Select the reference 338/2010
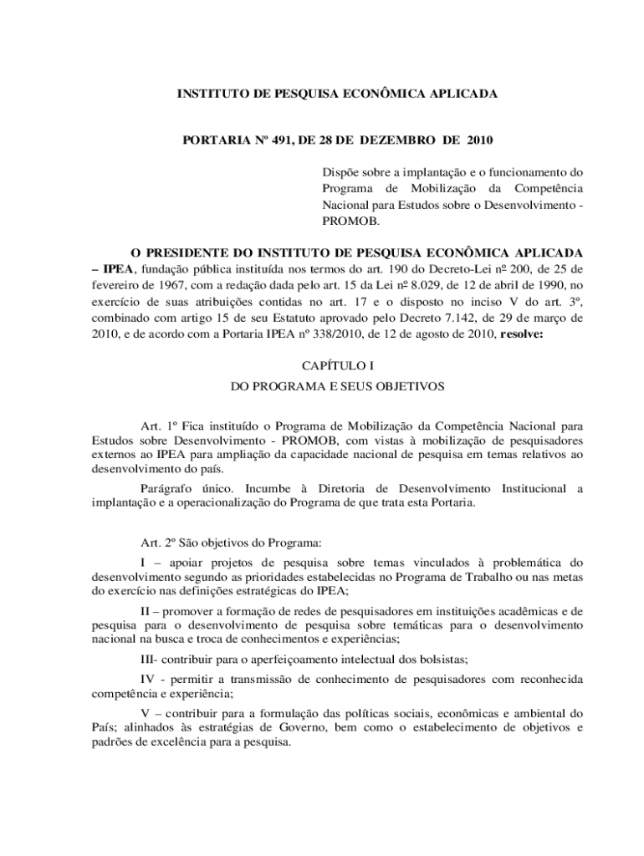click(323, 334)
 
